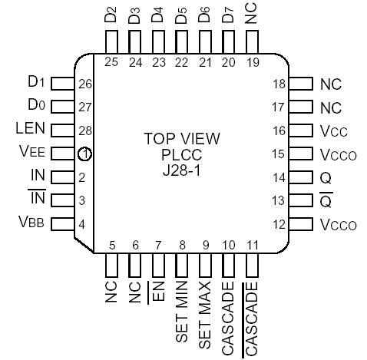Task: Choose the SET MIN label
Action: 183,315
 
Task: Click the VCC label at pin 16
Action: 334,131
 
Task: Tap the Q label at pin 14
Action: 326,178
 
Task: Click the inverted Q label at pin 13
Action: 326,201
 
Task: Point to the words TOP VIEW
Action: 182,139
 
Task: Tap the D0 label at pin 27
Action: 37,105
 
